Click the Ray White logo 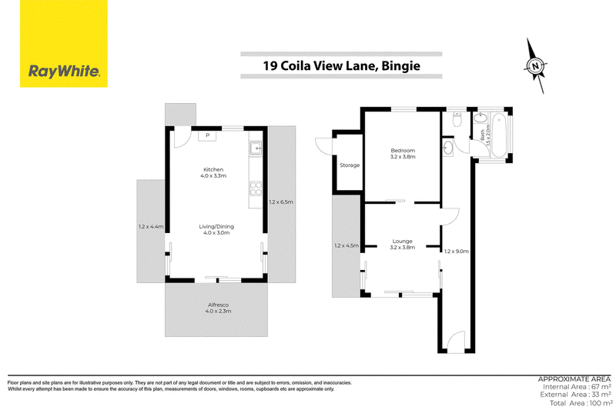click(x=64, y=44)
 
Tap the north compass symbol click(x=535, y=66)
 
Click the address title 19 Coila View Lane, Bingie click(x=341, y=65)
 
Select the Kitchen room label click(x=213, y=172)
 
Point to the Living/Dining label click(x=216, y=229)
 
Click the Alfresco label click(x=218, y=308)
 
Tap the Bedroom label click(x=403, y=153)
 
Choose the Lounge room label click(x=402, y=244)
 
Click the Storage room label click(x=350, y=165)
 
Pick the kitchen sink click(x=256, y=148)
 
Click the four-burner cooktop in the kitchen click(x=256, y=188)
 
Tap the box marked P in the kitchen click(x=207, y=135)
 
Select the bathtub click(x=499, y=135)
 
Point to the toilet click(x=457, y=119)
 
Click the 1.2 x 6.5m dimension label click(x=281, y=202)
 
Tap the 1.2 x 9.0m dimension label click(x=457, y=251)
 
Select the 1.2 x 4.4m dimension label click(x=151, y=226)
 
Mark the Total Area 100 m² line click(x=581, y=403)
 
